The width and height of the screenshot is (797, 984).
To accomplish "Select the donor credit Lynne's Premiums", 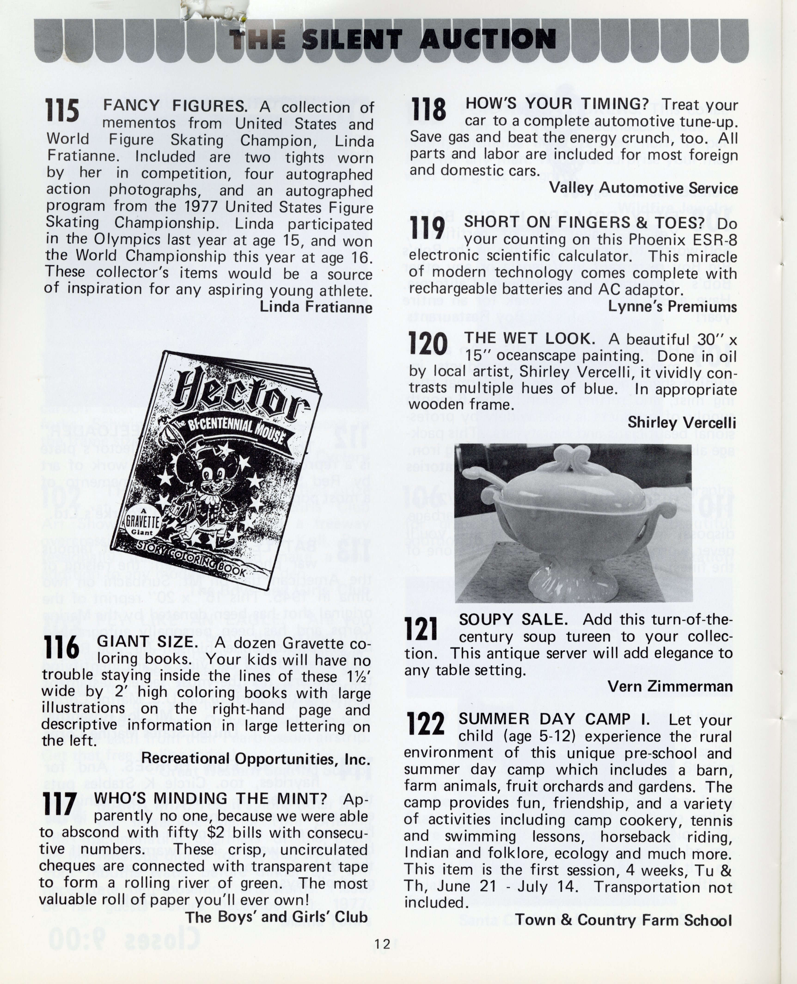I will tap(673, 306).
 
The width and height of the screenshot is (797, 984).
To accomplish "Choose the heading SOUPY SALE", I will tap(513, 619).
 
